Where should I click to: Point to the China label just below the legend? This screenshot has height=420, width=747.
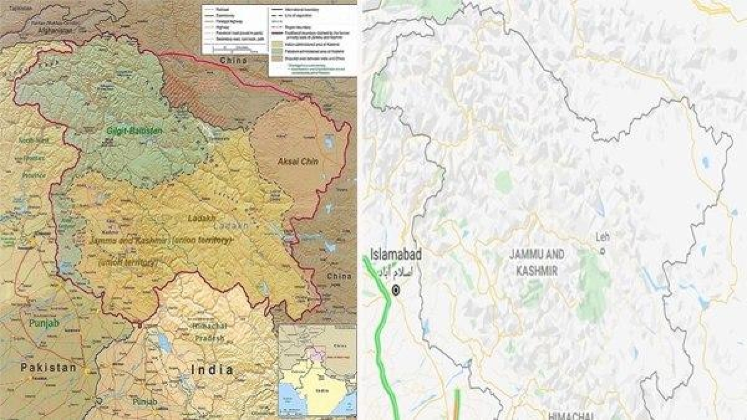[x=233, y=61]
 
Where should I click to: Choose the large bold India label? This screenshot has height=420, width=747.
[x=212, y=370]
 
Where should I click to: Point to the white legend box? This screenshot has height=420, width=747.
[x=311, y=40]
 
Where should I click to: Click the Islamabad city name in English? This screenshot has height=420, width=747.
[x=396, y=254]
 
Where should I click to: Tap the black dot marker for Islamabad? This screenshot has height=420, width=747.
[x=396, y=289]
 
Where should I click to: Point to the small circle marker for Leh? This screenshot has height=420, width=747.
[x=602, y=251]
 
